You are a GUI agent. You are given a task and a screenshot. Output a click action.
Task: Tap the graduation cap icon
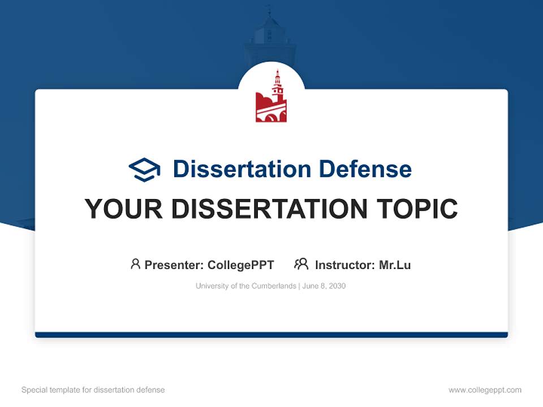[x=144, y=170]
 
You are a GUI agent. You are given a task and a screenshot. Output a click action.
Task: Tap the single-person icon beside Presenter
[x=135, y=264]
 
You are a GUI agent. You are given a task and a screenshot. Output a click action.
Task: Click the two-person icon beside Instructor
[x=301, y=264]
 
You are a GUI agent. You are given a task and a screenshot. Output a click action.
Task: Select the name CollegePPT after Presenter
[x=241, y=265]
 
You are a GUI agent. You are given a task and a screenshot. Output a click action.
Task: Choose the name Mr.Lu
[x=395, y=265]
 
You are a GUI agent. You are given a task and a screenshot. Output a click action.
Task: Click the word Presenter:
[x=174, y=265]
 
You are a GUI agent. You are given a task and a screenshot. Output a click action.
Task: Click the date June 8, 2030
[x=324, y=286]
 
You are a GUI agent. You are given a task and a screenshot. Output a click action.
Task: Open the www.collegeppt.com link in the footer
[x=485, y=390]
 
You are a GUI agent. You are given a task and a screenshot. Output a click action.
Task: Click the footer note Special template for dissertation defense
[x=93, y=390]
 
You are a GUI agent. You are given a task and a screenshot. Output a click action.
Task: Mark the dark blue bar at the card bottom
[x=271, y=335]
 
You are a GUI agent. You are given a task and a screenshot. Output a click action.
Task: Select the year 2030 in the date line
[x=337, y=286]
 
